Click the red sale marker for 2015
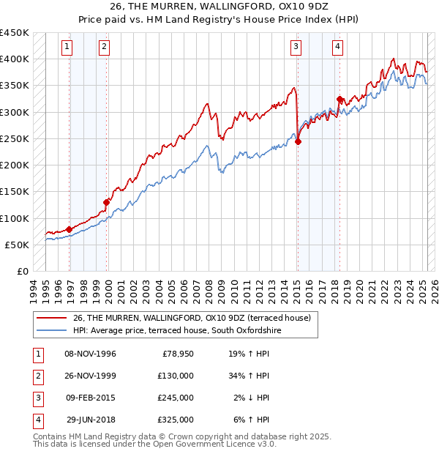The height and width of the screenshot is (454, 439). click(298, 142)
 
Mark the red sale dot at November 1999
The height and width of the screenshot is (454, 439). click(107, 203)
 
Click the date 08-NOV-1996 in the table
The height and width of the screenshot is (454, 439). click(90, 354)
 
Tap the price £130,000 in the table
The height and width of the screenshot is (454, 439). click(176, 376)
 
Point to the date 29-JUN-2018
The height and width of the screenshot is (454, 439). click(90, 420)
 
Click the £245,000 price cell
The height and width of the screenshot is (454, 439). click(176, 398)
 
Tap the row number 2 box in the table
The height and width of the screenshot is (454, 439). click(37, 376)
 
